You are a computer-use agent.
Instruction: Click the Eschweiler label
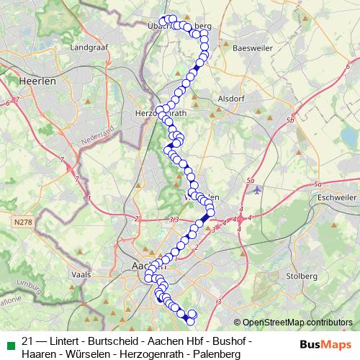pyautogui.click(x=337, y=196)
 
